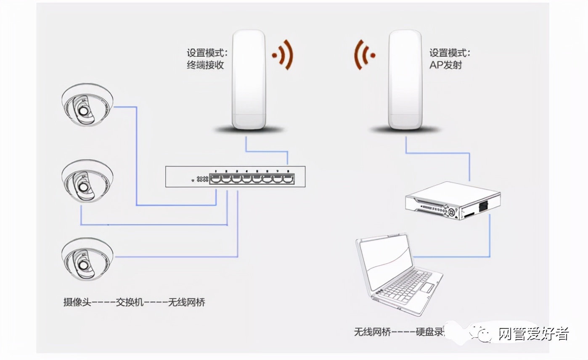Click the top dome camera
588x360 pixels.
point(87,105)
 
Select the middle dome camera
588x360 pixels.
point(87,181)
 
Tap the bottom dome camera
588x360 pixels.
point(87,259)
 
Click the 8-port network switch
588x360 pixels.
point(235,177)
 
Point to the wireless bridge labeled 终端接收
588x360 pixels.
point(249,80)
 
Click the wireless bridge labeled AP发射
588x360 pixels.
point(405,80)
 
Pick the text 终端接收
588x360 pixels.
point(205,65)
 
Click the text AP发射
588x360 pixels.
point(445,65)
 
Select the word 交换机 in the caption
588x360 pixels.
point(130,302)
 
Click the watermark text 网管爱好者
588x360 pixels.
point(533,334)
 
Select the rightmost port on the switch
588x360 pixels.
point(288,179)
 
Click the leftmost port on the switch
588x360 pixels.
point(215,179)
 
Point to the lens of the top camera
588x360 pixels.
point(84,110)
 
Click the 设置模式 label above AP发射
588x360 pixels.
point(449,53)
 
